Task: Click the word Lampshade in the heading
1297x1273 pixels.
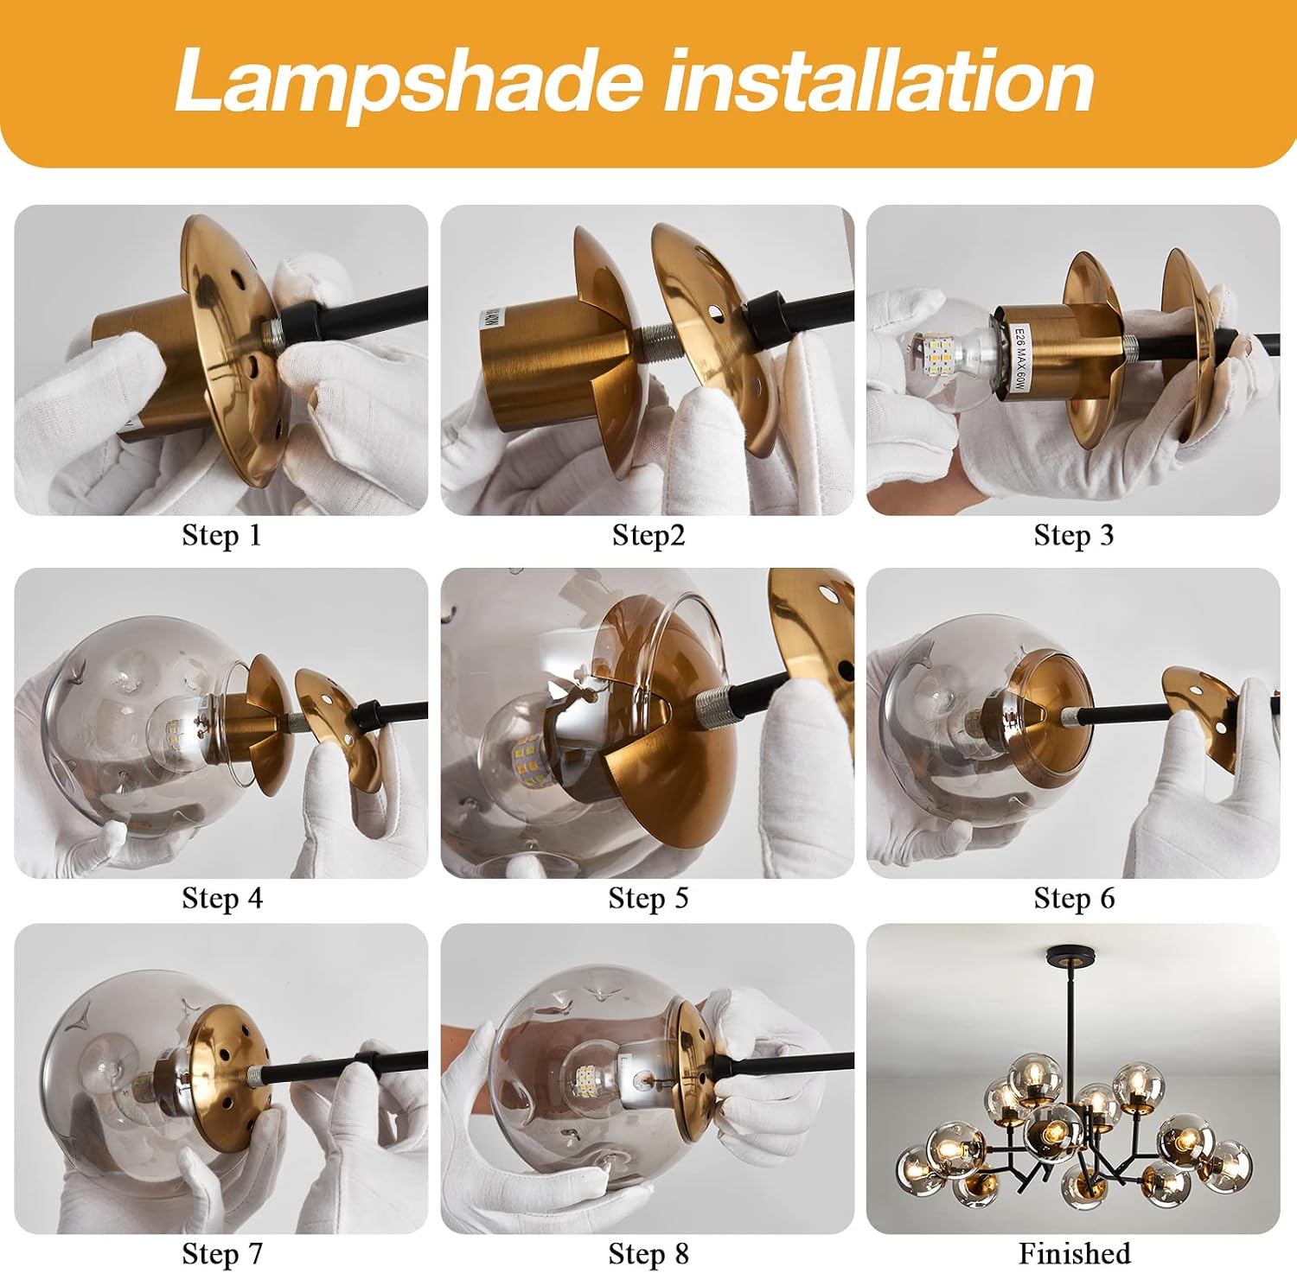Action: pyautogui.click(x=409, y=80)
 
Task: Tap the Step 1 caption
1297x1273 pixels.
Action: pyautogui.click(x=221, y=536)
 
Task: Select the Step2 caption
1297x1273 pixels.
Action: pyautogui.click(x=648, y=536)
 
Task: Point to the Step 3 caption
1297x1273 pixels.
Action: pyautogui.click(x=1074, y=536)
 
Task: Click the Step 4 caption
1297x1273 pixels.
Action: pyautogui.click(x=221, y=899)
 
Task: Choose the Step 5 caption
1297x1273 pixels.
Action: pyautogui.click(x=648, y=899)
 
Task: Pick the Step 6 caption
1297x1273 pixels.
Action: pyautogui.click(x=1074, y=899)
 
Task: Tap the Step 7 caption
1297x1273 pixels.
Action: pyautogui.click(x=221, y=1254)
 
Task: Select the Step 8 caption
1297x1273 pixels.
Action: pyautogui.click(x=648, y=1254)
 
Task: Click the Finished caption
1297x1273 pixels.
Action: pyautogui.click(x=1074, y=1253)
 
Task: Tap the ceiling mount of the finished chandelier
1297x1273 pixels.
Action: pyautogui.click(x=1071, y=957)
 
